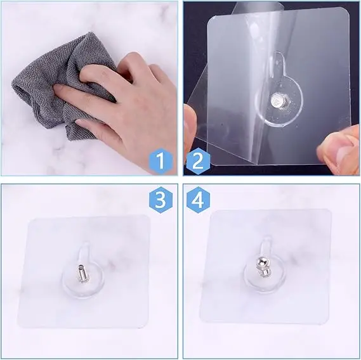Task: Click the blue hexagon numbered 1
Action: click(x=161, y=161)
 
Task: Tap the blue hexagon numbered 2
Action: click(x=198, y=161)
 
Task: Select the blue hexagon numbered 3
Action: click(x=161, y=200)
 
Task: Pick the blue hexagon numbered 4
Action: click(x=198, y=200)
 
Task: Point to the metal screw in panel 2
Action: click(x=277, y=100)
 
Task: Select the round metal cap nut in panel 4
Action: click(x=264, y=262)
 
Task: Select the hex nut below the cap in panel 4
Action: click(x=263, y=272)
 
